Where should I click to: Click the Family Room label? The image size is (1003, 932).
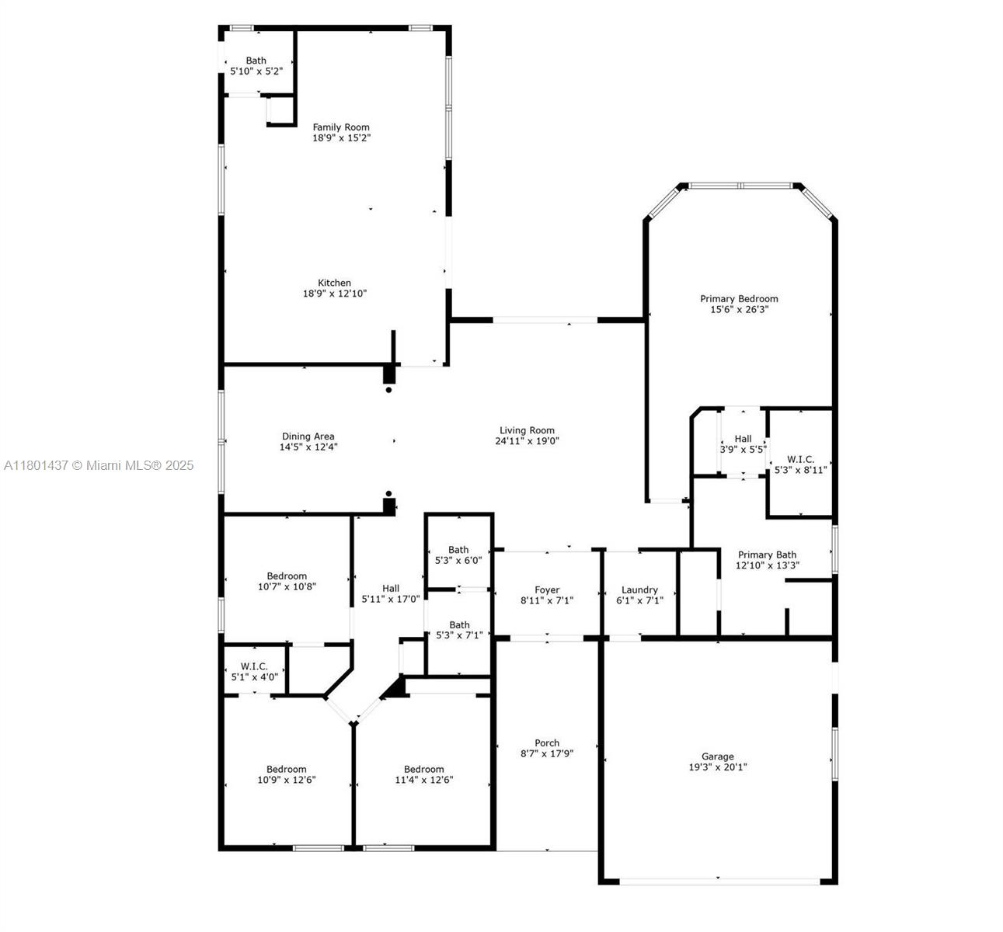tap(341, 127)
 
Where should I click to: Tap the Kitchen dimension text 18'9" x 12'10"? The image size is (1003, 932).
tap(334, 294)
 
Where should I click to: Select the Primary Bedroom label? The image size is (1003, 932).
tap(739, 299)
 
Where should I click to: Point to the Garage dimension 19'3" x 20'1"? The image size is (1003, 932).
tap(717, 767)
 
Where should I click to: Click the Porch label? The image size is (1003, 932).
tap(547, 742)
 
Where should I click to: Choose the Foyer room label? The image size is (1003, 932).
tap(547, 589)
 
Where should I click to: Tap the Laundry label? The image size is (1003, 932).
tap(639, 589)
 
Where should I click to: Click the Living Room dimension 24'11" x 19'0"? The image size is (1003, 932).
tap(527, 441)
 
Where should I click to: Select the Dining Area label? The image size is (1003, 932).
tap(308, 436)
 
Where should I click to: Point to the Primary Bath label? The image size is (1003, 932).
tap(767, 555)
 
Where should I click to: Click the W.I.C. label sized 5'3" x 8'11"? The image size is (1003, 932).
tap(800, 460)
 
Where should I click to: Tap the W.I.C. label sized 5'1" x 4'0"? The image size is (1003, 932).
tap(254, 666)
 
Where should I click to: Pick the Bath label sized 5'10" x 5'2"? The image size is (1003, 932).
tap(256, 61)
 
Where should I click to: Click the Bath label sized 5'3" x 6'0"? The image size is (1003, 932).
tap(458, 550)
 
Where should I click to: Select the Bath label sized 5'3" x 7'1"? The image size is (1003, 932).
tap(459, 624)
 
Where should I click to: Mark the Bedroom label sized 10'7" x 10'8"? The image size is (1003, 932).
tap(287, 576)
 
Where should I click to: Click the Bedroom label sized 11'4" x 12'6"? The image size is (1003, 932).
tap(423, 769)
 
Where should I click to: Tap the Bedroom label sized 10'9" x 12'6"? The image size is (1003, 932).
tap(286, 769)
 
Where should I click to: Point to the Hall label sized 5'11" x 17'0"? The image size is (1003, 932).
tap(391, 589)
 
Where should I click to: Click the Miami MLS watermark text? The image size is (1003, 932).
tap(99, 465)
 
